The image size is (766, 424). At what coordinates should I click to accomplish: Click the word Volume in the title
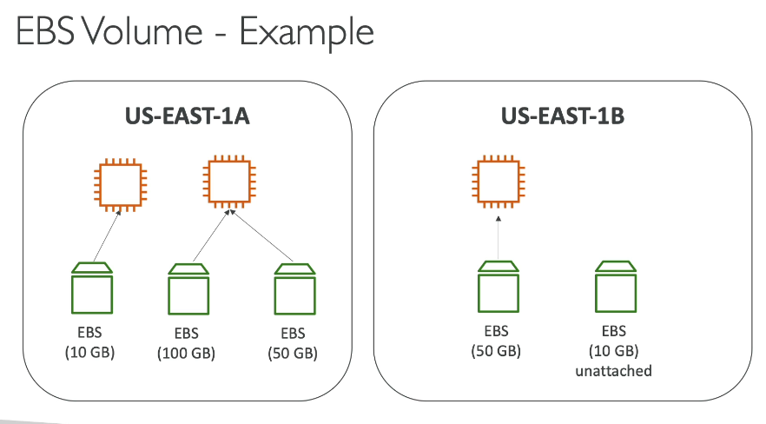click(x=142, y=31)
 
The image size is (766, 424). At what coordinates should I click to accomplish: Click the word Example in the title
click(x=307, y=33)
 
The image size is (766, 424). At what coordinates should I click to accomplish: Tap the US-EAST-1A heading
click(x=187, y=116)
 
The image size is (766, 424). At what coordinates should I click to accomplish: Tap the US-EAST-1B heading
click(x=563, y=116)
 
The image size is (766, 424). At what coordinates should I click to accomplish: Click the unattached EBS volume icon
click(x=616, y=287)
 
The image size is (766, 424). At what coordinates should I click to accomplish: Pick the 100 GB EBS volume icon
click(x=188, y=289)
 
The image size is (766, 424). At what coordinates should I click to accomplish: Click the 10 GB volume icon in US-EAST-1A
click(x=92, y=288)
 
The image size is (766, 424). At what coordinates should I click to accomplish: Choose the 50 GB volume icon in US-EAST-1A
click(x=294, y=289)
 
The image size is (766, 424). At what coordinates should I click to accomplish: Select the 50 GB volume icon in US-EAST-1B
click(x=499, y=287)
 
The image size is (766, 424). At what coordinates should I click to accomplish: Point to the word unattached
click(x=613, y=371)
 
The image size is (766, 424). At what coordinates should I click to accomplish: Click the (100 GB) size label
click(x=186, y=353)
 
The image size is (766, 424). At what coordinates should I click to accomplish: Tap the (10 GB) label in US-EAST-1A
click(x=90, y=352)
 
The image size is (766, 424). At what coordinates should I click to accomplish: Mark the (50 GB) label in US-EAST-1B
click(x=496, y=351)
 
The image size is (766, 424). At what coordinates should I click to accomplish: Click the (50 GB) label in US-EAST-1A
click(x=293, y=353)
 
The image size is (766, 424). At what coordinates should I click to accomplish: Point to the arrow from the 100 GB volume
click(x=211, y=236)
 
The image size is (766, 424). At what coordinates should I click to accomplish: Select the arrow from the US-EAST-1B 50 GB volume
click(x=499, y=238)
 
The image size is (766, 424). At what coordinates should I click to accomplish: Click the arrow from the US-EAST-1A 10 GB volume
click(x=107, y=235)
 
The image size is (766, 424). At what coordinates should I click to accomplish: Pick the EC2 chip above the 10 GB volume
click(x=120, y=184)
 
